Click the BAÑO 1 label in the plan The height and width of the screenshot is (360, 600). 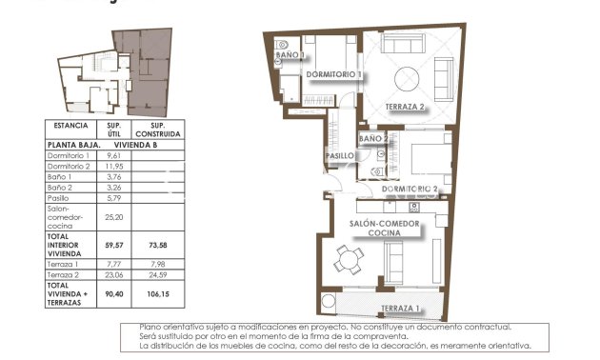(290, 56)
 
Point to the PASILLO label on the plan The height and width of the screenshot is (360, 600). (341, 155)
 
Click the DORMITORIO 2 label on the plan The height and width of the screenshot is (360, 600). (410, 190)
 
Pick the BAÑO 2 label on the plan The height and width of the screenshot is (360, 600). (373, 139)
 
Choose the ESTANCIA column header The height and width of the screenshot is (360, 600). (71, 126)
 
